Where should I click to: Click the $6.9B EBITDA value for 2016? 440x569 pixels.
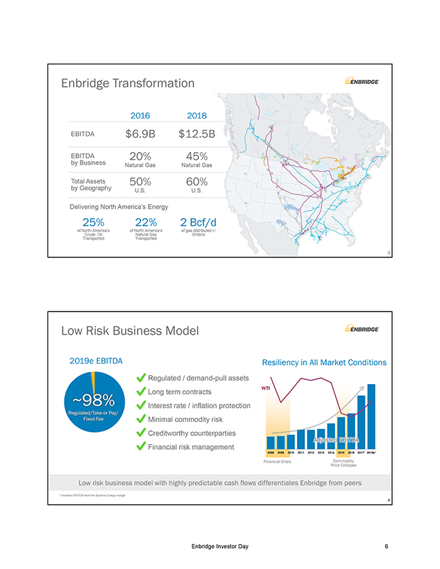pos(140,133)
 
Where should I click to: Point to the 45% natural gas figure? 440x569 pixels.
pos(197,156)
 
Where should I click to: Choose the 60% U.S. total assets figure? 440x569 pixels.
pos(197,182)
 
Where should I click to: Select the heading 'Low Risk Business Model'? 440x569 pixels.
pos(129,331)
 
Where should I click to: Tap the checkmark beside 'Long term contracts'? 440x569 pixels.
pos(141,392)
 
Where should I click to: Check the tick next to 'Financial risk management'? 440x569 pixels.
pos(141,446)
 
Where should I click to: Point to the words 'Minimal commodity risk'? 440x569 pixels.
pos(185,419)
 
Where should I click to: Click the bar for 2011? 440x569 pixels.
pos(301,438)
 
